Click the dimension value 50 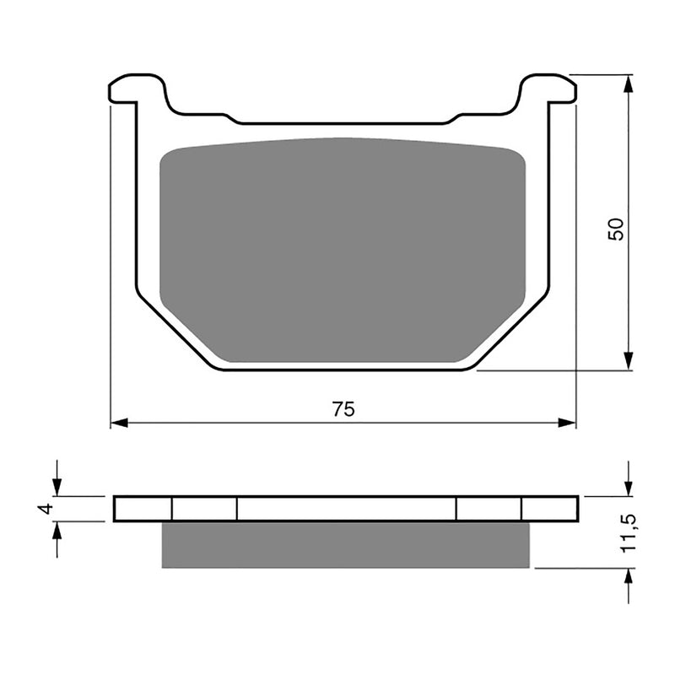tap(617, 229)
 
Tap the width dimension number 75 tap(343, 409)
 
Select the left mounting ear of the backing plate tap(135, 89)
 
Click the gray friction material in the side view tap(345, 544)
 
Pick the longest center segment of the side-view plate tap(346, 509)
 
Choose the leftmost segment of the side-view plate tap(143, 509)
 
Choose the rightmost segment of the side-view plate tap(549, 509)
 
